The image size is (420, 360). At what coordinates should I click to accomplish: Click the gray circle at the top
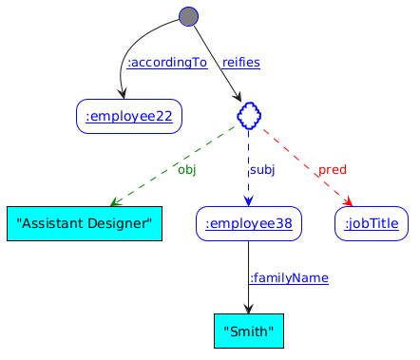(x=189, y=16)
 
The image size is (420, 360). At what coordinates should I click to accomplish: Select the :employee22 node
(x=129, y=116)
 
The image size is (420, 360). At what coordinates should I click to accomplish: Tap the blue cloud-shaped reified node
(x=249, y=116)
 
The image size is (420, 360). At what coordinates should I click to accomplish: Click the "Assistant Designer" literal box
(x=85, y=223)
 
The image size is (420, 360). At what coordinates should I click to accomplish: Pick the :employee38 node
(x=249, y=223)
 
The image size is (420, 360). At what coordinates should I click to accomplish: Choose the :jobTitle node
(x=372, y=223)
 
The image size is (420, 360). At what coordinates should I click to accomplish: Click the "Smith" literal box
(x=249, y=332)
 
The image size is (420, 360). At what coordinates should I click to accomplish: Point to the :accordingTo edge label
(x=167, y=63)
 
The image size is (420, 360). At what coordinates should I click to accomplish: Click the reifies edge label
(x=241, y=63)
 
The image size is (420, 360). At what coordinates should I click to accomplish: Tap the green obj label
(x=187, y=170)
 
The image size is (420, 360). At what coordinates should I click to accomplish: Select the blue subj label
(x=262, y=170)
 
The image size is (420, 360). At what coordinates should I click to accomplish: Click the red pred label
(x=333, y=170)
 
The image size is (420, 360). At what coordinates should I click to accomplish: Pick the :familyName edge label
(x=289, y=278)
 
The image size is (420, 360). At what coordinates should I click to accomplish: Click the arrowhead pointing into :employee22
(x=123, y=94)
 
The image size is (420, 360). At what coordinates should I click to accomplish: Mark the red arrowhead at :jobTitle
(x=348, y=201)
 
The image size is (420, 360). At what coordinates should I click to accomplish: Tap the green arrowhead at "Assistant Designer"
(x=115, y=201)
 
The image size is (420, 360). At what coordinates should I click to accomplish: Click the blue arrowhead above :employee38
(x=249, y=201)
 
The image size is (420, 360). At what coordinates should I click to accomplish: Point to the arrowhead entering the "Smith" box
(x=249, y=309)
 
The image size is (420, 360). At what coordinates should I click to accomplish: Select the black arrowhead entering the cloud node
(x=238, y=97)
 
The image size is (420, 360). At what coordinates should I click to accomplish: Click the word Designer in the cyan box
(x=119, y=223)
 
